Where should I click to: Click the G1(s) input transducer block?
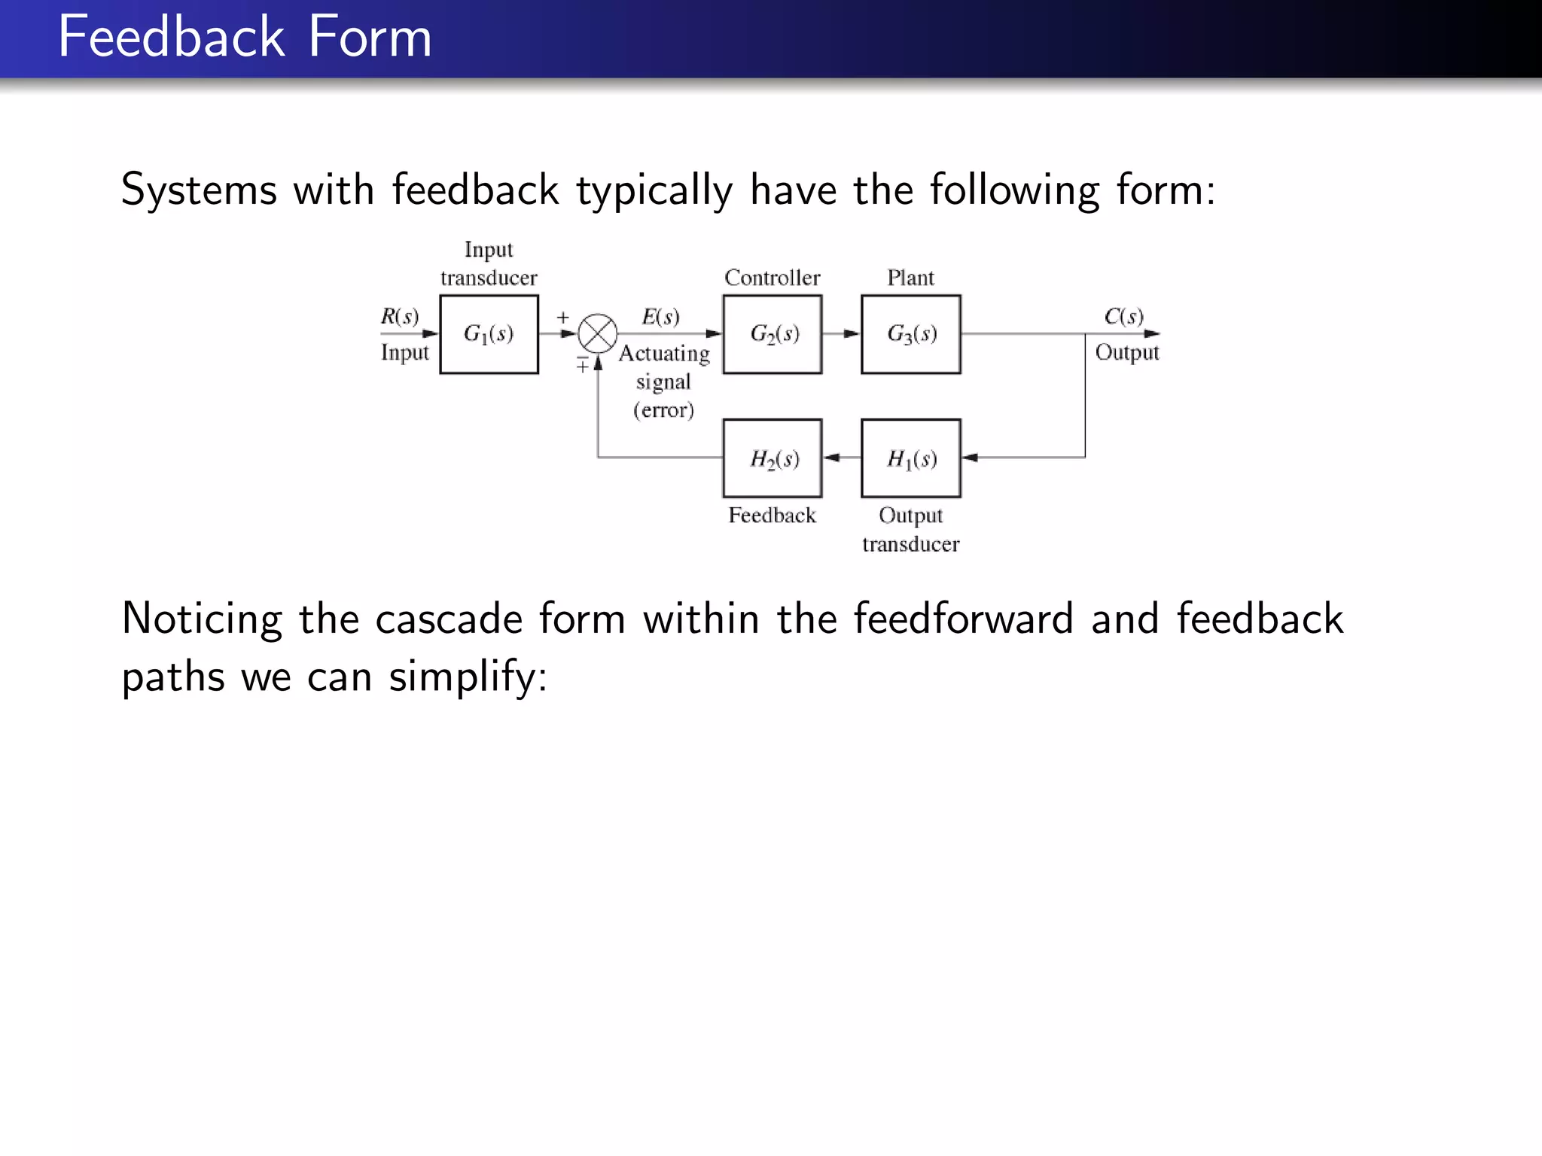point(489,334)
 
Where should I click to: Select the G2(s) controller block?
point(772,334)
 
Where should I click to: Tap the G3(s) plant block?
point(910,334)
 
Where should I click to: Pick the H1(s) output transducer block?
point(910,458)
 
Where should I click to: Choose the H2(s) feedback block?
point(772,458)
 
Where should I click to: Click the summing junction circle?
point(598,333)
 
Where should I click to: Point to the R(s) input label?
point(399,316)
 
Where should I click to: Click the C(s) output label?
point(1123,316)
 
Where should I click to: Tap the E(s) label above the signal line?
point(660,316)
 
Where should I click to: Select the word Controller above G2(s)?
point(772,278)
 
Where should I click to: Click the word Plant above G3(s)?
point(910,278)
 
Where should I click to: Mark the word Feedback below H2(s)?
point(772,516)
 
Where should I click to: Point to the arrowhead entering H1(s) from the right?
point(971,458)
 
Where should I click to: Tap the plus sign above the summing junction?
point(563,318)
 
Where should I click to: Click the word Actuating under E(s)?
point(664,354)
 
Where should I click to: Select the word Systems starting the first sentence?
point(199,190)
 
